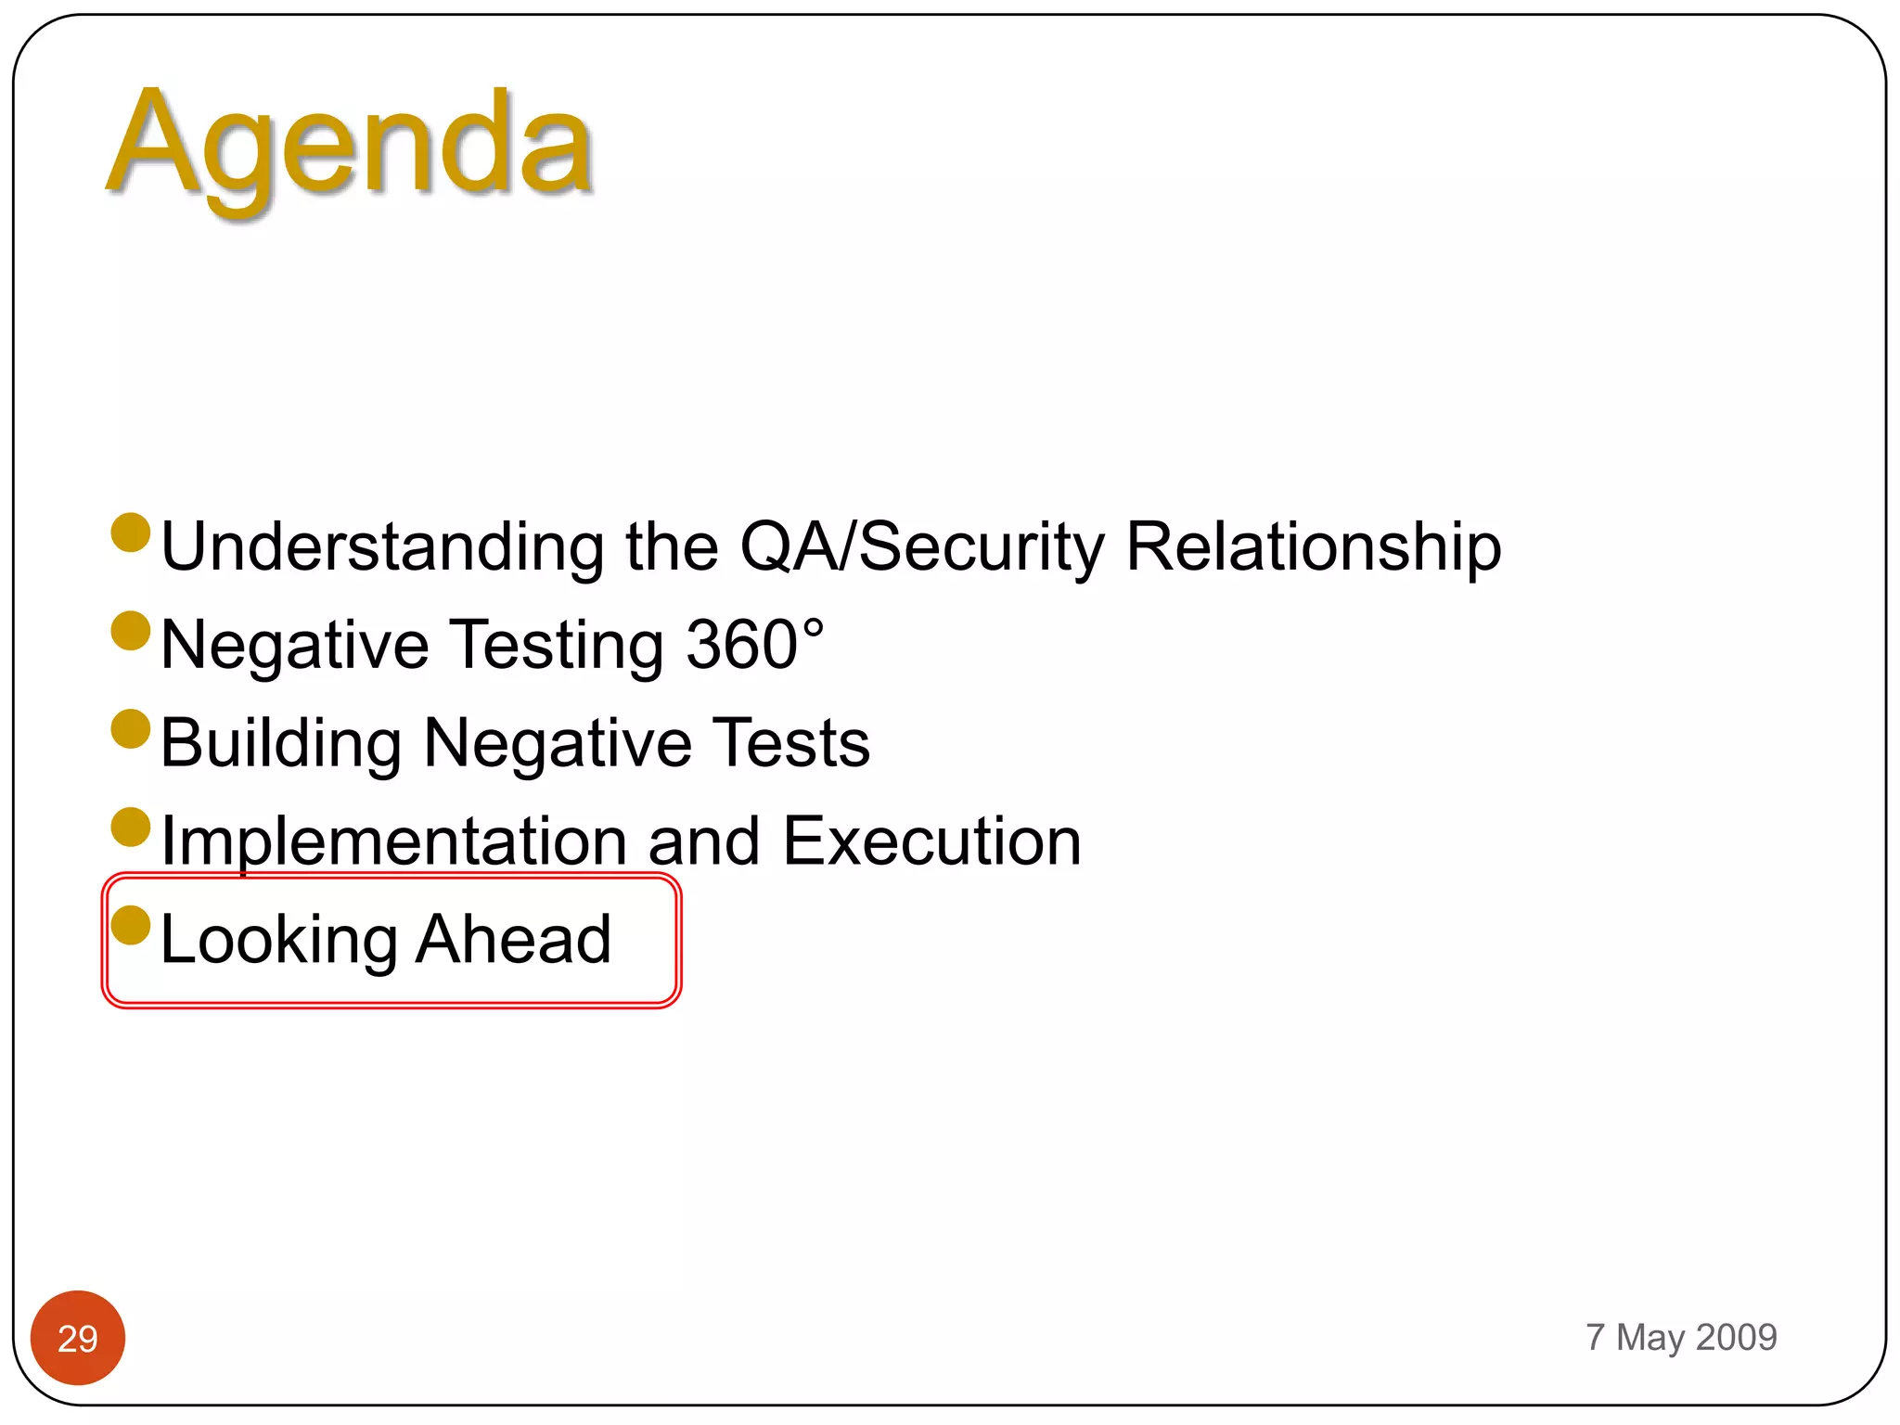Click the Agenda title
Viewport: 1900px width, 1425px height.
pyautogui.click(x=351, y=147)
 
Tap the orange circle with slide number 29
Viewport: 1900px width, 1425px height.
pyautogui.click(x=78, y=1338)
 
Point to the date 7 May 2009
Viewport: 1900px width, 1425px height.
pyautogui.click(x=1681, y=1337)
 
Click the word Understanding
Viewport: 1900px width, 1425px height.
pyautogui.click(x=383, y=547)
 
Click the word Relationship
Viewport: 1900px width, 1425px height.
pyautogui.click(x=1313, y=547)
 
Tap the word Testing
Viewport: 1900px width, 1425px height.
pyautogui.click(x=558, y=647)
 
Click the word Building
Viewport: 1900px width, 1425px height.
pyautogui.click(x=281, y=744)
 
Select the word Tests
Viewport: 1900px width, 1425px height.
pyautogui.click(x=793, y=743)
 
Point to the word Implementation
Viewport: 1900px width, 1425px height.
pyautogui.click(x=394, y=842)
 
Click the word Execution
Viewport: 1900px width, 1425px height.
pyautogui.click(x=931, y=841)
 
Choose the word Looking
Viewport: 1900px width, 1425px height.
pyautogui.click(x=278, y=941)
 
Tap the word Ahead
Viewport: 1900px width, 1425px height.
pyautogui.click(x=513, y=939)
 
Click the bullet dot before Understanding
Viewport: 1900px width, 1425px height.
pyautogui.click(x=131, y=533)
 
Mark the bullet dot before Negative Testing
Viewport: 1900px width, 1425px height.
pyautogui.click(x=131, y=631)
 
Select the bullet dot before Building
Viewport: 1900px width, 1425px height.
pyautogui.click(x=131, y=728)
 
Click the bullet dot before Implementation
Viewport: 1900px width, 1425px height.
pyautogui.click(x=131, y=827)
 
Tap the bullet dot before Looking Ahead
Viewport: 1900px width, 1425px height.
pyautogui.click(x=131, y=924)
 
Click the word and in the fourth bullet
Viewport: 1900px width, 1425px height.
pyautogui.click(x=704, y=841)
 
